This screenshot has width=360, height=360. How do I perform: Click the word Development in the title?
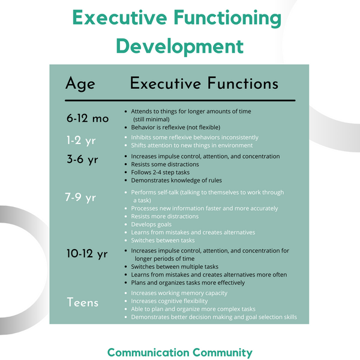pos(179,46)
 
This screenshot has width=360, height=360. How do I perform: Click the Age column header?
pos(80,83)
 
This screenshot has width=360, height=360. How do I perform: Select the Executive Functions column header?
pos(204,83)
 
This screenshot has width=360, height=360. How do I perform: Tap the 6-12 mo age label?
pos(88,118)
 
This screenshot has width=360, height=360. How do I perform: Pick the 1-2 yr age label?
pos(80,140)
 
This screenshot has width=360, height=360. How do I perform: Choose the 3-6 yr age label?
pos(82,160)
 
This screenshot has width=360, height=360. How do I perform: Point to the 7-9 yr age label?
pos(80,197)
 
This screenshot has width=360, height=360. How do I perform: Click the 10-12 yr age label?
pos(87,253)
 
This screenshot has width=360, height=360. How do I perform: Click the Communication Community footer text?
pos(180,352)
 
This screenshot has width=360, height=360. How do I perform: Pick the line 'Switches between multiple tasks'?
pos(175,266)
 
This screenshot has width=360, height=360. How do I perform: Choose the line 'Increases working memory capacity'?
pos(179,293)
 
